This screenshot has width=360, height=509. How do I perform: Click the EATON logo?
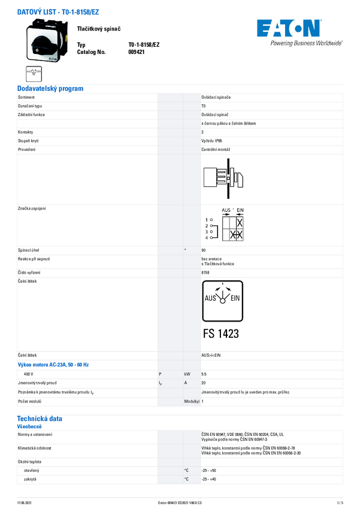pos(288,28)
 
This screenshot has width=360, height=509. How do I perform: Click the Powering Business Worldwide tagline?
pos(306,43)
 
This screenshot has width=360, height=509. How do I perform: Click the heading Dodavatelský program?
pos(50,89)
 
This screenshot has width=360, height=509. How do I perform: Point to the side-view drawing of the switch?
pos(222,178)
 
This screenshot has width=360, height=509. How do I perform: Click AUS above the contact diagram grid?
pos(226,210)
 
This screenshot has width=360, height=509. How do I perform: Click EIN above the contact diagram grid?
pos(239,210)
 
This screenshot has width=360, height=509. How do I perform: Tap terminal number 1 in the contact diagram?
pos(206,220)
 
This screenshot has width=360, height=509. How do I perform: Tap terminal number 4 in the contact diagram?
pos(206,238)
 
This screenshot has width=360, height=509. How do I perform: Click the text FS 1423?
pos(221,334)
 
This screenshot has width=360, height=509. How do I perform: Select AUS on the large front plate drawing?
pos(211,298)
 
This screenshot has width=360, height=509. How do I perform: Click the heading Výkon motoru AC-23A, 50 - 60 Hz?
pos(53,364)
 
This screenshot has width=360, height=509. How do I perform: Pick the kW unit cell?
pos(187,374)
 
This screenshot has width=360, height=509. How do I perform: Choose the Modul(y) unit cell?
pos(192,401)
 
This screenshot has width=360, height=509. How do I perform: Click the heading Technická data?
pos(40,419)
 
